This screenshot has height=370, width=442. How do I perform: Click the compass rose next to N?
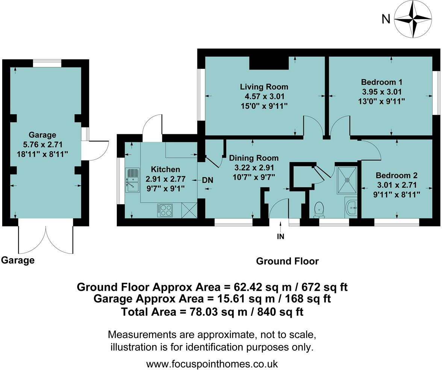coord(413,20)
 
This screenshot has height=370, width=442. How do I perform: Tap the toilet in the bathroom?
coord(319,210)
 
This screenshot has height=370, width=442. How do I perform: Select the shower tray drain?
coord(347,179)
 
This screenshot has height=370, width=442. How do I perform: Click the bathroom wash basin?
coord(351,207)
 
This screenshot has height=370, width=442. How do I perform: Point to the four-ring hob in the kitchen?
coord(165,211)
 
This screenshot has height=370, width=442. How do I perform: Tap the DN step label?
coord(208,180)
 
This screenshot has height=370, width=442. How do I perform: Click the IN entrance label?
coord(280,236)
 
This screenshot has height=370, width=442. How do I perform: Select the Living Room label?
coord(264,87)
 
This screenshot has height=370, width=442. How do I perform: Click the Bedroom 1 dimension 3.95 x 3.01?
coord(382,92)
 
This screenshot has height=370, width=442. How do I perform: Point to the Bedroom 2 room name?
coord(397,175)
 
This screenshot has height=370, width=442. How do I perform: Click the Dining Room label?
coord(254,158)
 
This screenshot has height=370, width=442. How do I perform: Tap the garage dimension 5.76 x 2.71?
coord(42,144)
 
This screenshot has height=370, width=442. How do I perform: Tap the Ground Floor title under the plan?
coord(287,261)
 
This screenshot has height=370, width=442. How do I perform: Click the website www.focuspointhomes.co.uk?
coord(212,364)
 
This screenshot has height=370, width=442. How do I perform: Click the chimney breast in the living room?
coord(269,62)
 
